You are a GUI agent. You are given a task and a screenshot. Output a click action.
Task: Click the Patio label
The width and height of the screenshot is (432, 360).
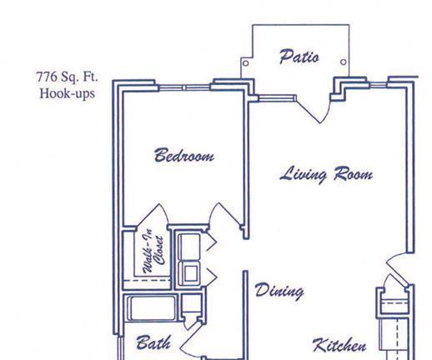click(299, 57)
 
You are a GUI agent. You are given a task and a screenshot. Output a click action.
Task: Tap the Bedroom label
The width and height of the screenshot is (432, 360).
click(184, 155)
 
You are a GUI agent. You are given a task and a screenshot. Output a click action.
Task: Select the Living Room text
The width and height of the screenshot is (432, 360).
click(326, 175)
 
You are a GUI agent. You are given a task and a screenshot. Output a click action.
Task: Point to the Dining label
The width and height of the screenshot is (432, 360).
click(279, 291)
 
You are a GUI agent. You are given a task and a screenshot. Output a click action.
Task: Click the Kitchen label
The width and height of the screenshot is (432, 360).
click(339, 345)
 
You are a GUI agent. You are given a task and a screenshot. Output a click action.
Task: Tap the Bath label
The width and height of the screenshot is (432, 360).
click(153, 342)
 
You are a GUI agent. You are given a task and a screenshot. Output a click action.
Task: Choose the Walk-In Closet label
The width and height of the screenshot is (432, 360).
click(153, 251)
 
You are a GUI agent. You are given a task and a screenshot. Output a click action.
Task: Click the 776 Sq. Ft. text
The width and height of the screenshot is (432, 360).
click(67, 77)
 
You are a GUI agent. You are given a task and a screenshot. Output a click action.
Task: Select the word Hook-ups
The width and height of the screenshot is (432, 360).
click(68, 93)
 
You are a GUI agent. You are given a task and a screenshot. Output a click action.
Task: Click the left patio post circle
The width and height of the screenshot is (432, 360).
click(246, 63)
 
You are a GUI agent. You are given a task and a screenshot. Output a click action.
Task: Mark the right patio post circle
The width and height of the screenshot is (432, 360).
click(344, 62)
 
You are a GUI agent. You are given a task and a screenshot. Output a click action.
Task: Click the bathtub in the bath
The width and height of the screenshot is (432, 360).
click(152, 308)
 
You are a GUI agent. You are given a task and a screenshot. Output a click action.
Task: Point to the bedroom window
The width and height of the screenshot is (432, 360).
click(184, 87)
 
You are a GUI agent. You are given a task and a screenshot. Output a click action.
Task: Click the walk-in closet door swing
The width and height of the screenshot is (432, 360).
click(153, 216)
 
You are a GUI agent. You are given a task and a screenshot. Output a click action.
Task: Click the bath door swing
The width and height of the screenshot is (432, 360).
click(192, 340)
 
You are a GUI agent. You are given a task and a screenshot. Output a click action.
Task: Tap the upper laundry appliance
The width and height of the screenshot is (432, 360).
click(189, 247)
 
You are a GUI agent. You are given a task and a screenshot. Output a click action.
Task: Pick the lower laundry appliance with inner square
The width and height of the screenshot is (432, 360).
click(189, 273)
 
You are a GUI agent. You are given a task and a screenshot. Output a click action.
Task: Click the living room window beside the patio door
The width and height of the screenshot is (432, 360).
click(276, 97)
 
